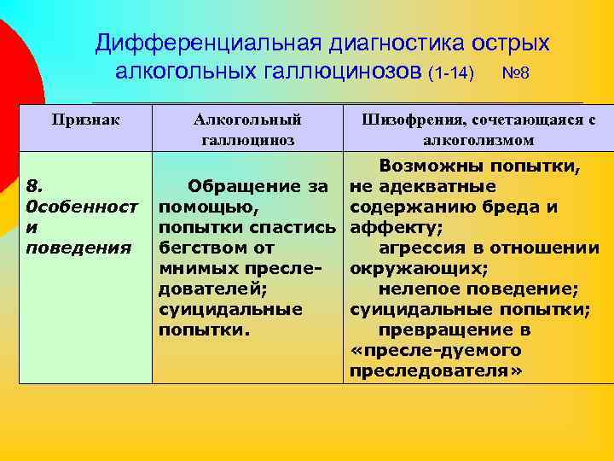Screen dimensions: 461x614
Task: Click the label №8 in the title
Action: [x=516, y=73]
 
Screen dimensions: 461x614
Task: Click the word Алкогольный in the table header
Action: [x=247, y=120]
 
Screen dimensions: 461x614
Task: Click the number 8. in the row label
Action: [x=33, y=185]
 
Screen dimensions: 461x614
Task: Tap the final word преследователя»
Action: [x=435, y=371]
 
